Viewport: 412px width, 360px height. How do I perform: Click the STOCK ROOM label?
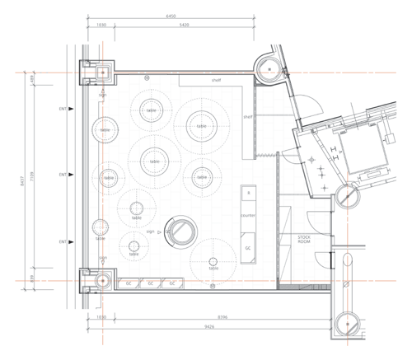307,241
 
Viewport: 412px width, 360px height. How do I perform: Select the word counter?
248,215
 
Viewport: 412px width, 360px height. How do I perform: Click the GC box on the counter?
247,247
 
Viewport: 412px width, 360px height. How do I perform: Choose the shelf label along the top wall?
216,81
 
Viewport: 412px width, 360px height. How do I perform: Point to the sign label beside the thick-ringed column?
151,232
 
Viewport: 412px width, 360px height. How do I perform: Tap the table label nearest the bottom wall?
213,269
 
